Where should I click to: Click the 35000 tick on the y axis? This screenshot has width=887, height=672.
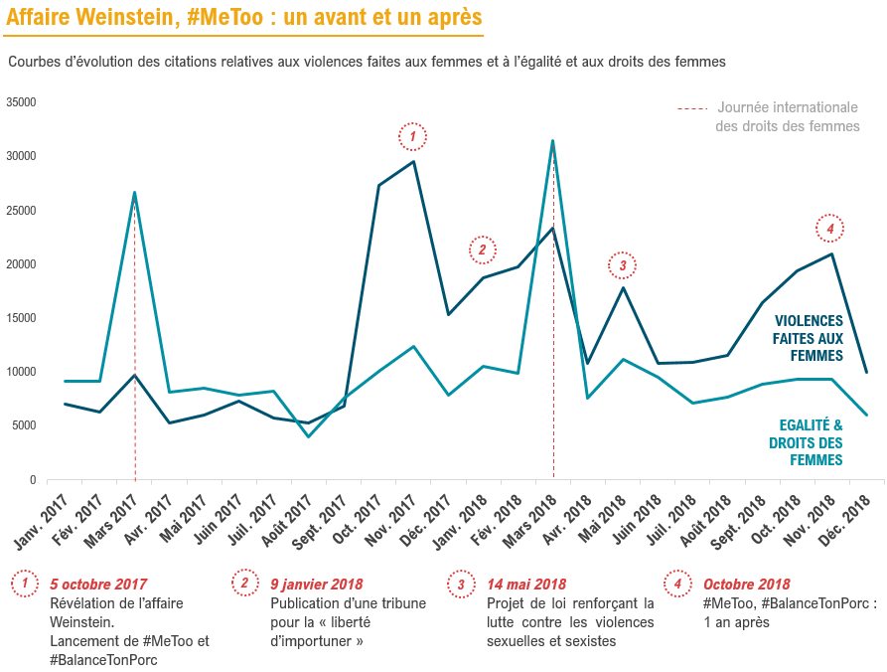tap(20, 102)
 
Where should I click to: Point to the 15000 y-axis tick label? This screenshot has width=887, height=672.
tap(20, 318)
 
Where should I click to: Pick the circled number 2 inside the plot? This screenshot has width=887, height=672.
tap(482, 250)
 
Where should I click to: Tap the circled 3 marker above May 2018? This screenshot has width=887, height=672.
tap(622, 265)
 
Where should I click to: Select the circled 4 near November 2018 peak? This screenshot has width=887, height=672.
tap(830, 229)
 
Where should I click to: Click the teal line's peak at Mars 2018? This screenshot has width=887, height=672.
tap(552, 140)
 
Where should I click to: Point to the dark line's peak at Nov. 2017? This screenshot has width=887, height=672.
tap(413, 162)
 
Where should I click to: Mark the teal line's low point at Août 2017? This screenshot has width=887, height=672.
tap(308, 436)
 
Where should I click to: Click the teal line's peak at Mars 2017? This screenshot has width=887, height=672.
tap(134, 193)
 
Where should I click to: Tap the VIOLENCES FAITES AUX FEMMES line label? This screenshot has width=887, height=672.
tap(809, 338)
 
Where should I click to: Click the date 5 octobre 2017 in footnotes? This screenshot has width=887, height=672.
tap(98, 584)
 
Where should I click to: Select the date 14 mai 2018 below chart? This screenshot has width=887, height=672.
tap(526, 584)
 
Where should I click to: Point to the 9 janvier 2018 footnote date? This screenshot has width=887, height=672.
tap(317, 584)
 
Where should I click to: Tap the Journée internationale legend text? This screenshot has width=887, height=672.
tap(787, 107)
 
